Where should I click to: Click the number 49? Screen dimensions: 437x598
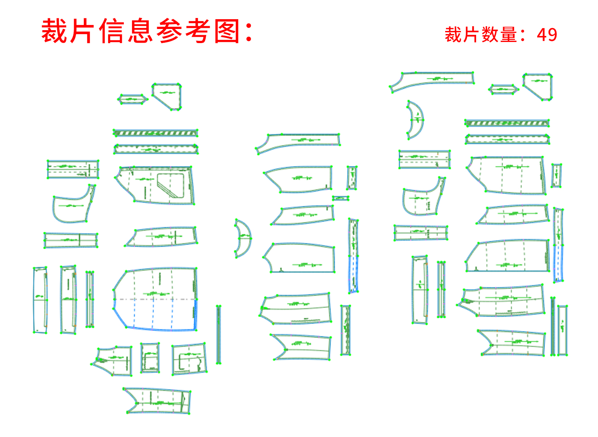tap(547, 35)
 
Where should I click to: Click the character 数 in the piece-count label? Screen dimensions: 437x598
tap(490, 35)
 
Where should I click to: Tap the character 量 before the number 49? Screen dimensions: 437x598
tap(508, 35)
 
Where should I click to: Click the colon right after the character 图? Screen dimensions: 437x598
tap(248, 31)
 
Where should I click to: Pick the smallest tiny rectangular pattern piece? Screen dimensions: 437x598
tap(341, 199)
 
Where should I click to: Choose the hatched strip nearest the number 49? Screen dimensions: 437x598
tap(507, 123)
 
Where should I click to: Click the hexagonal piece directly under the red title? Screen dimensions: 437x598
tap(133, 99)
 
